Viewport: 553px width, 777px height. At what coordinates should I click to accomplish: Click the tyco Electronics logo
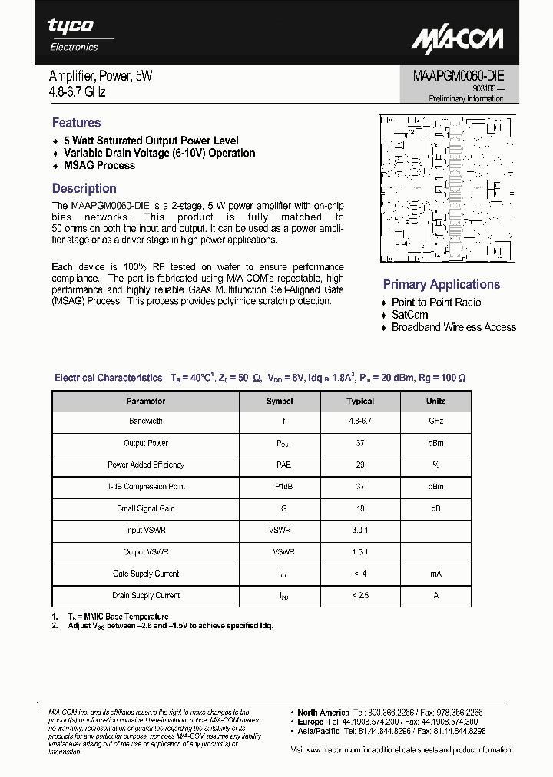coord(73,35)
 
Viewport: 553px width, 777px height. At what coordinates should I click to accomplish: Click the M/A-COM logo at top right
coord(456,39)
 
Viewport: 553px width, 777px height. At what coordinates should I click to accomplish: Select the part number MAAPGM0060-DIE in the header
coord(453,77)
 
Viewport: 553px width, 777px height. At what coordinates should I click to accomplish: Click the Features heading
coord(76,123)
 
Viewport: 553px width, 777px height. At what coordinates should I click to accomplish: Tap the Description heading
coord(84,189)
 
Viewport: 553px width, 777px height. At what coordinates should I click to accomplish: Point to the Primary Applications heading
coord(441,284)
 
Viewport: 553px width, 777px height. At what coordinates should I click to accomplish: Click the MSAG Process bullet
coord(99,165)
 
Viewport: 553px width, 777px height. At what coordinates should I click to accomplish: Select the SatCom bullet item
coord(409,315)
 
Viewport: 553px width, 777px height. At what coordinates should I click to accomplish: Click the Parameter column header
coord(145,401)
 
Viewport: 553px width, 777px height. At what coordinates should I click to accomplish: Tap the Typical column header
coord(360,401)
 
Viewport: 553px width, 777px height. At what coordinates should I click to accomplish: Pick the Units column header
coord(435,401)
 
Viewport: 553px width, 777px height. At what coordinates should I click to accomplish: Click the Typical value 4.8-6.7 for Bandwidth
coord(360,422)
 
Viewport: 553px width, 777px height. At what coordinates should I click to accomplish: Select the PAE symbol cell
coord(283,465)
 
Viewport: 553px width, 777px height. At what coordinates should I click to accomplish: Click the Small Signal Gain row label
coord(145,508)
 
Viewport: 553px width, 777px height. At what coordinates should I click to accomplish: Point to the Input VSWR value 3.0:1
coord(360,530)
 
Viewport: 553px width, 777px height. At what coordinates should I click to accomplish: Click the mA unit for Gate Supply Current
coord(435,574)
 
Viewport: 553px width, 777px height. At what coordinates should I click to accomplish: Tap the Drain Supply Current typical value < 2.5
coord(360,595)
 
